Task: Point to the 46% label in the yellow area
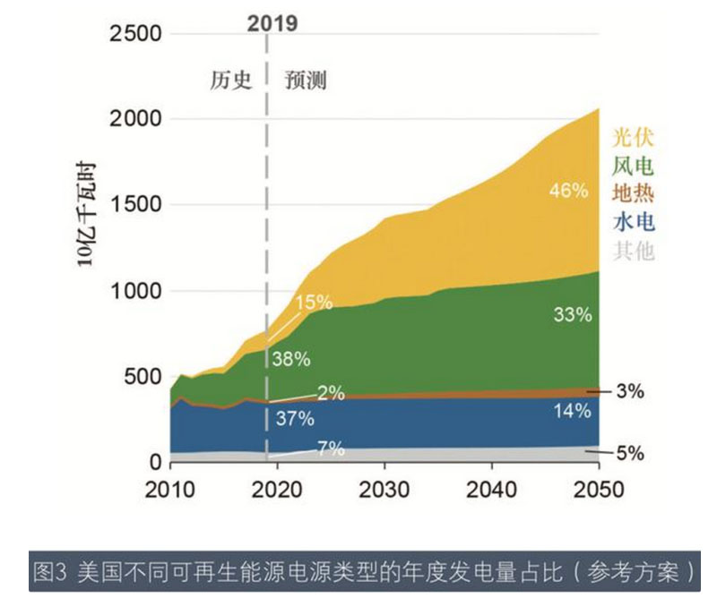click(x=570, y=191)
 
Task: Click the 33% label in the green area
click(x=573, y=314)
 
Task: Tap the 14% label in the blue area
click(x=572, y=411)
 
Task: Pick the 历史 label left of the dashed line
click(x=227, y=81)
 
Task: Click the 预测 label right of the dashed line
click(x=306, y=81)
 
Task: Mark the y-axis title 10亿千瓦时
click(x=87, y=218)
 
